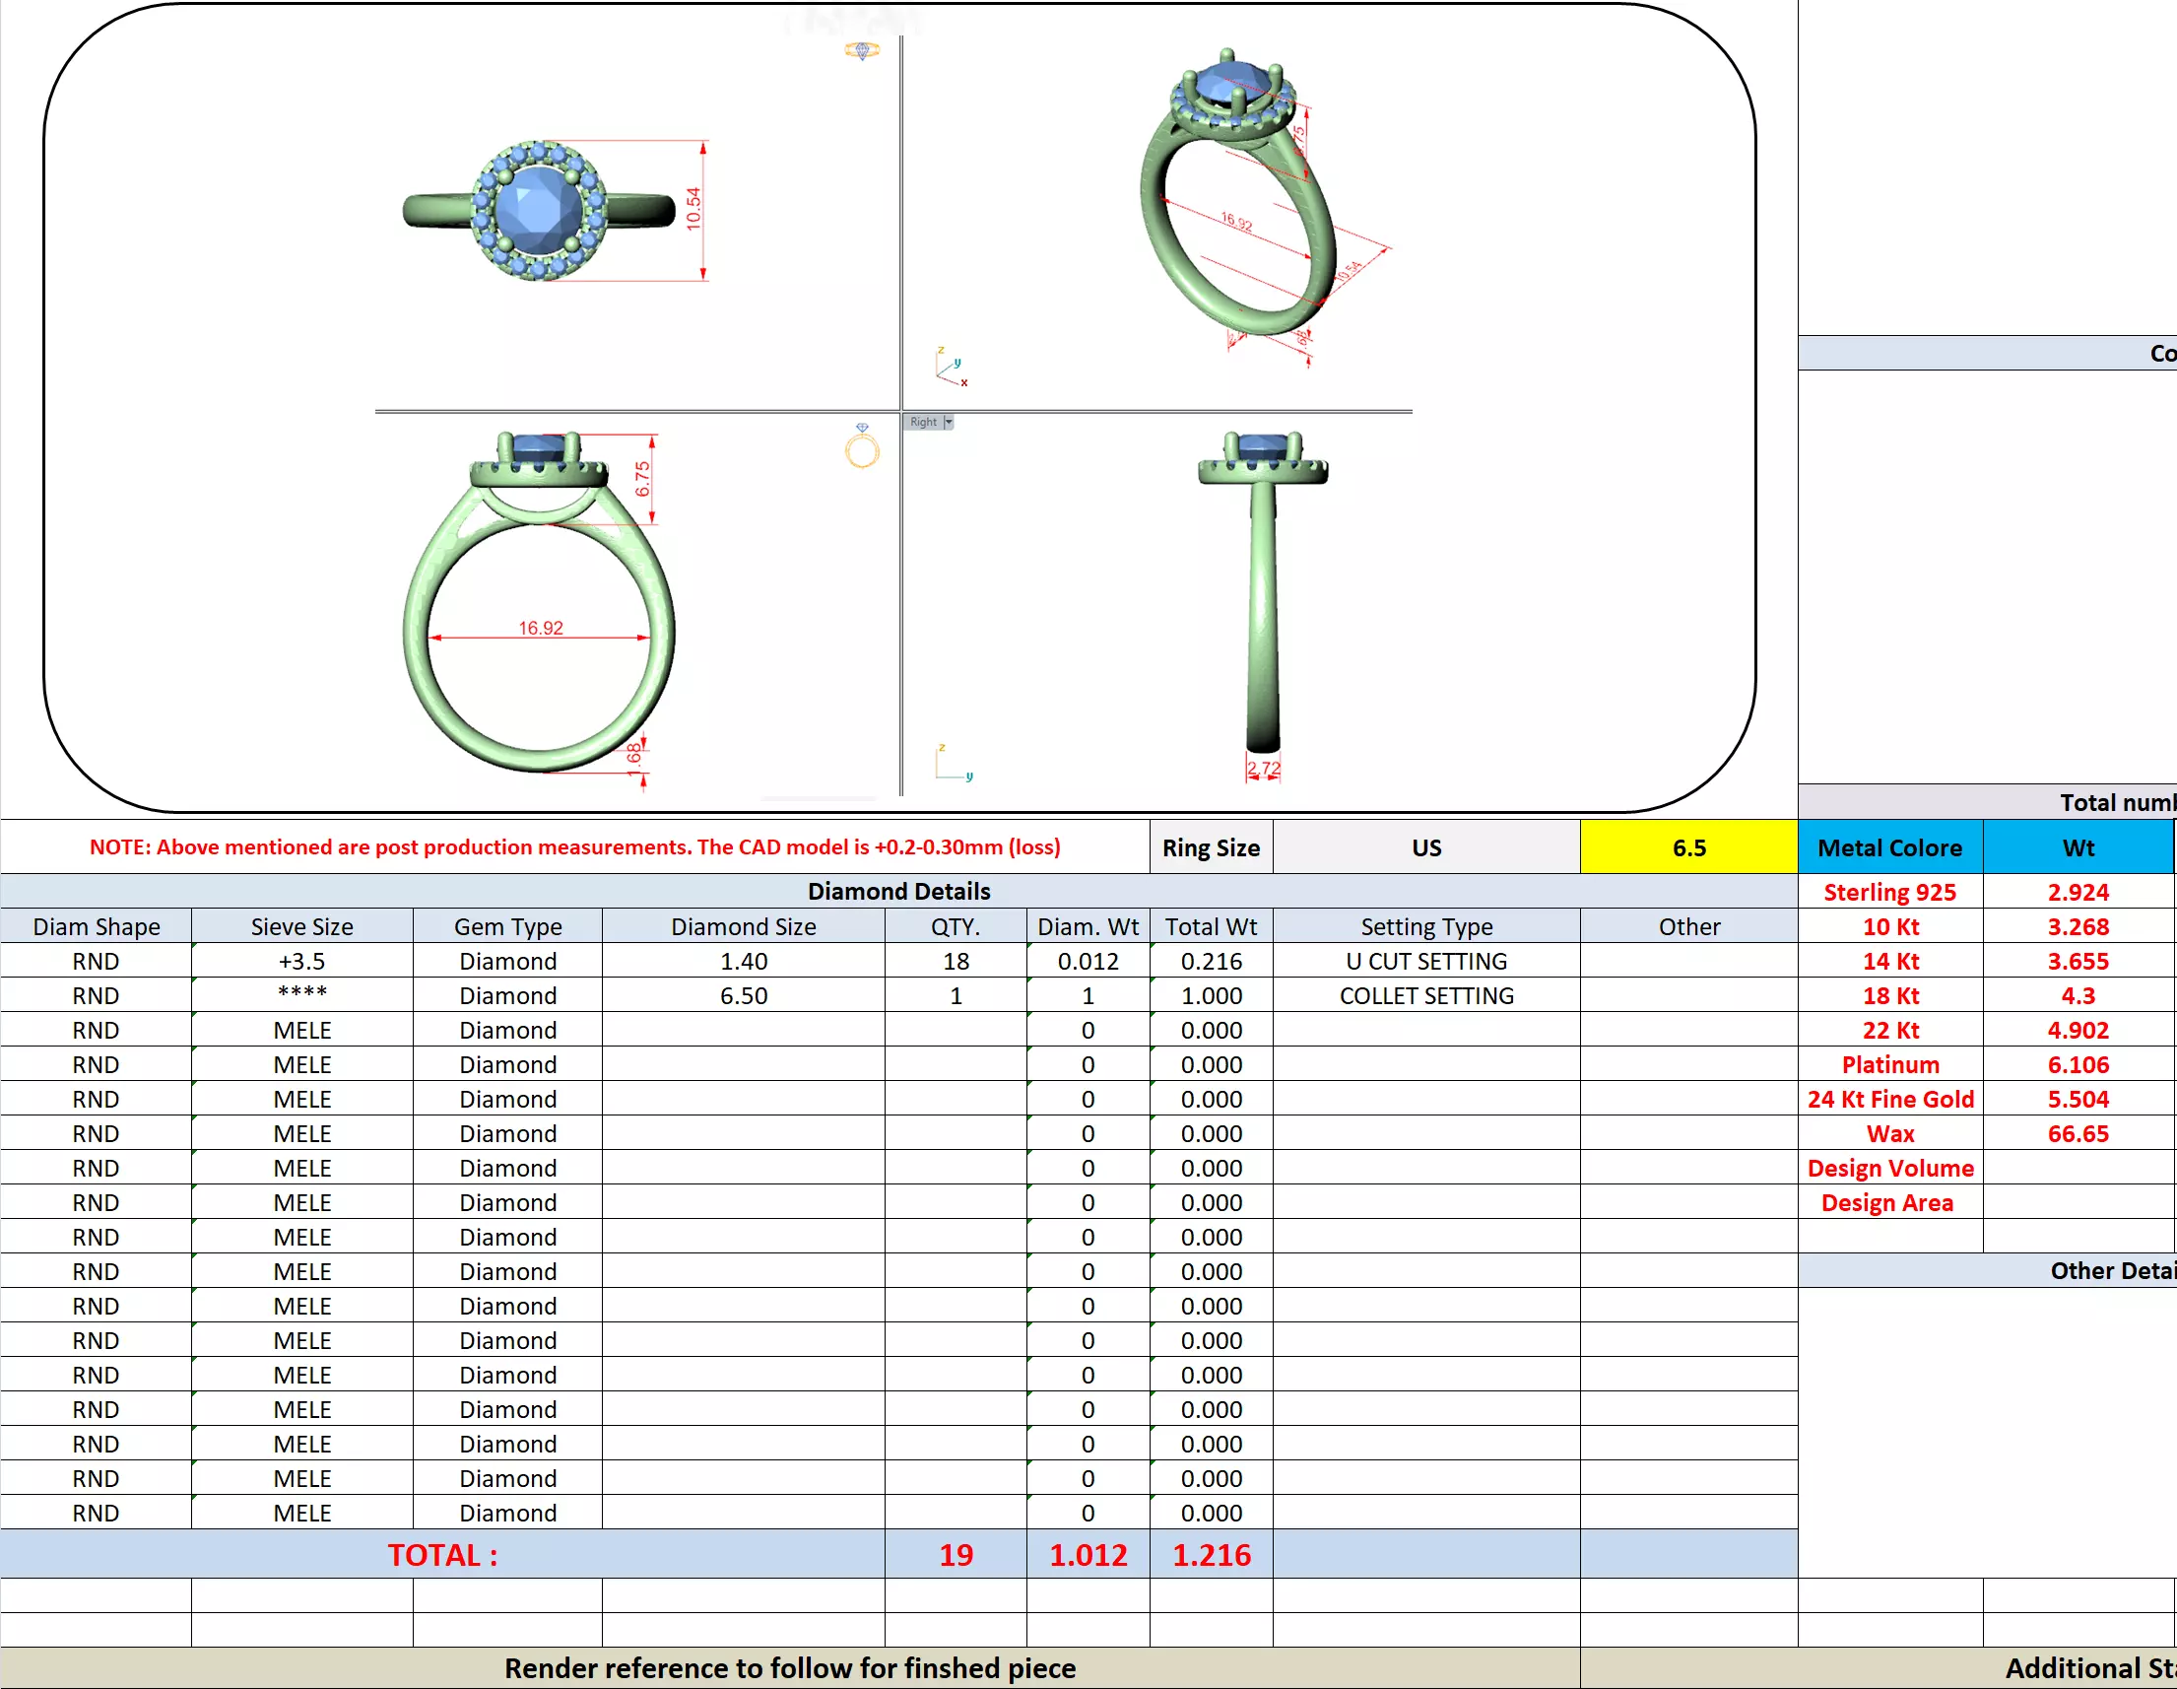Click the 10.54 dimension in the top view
click(693, 209)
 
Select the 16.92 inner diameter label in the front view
click(540, 628)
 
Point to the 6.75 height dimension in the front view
click(643, 479)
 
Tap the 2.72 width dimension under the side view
click(1263, 769)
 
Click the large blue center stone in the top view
click(538, 209)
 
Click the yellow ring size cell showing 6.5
click(1688, 847)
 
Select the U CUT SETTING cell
click(1425, 961)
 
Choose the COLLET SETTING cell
click(1425, 996)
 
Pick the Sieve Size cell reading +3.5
click(302, 961)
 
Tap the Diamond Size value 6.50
click(744, 996)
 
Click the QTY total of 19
click(955, 1554)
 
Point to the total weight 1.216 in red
click(1210, 1554)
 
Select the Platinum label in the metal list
click(1890, 1065)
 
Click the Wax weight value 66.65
click(2078, 1133)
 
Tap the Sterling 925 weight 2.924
click(2078, 893)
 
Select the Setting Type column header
click(1425, 927)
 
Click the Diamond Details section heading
click(898, 892)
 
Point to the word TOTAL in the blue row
click(442, 1554)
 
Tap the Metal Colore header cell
click(1889, 847)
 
